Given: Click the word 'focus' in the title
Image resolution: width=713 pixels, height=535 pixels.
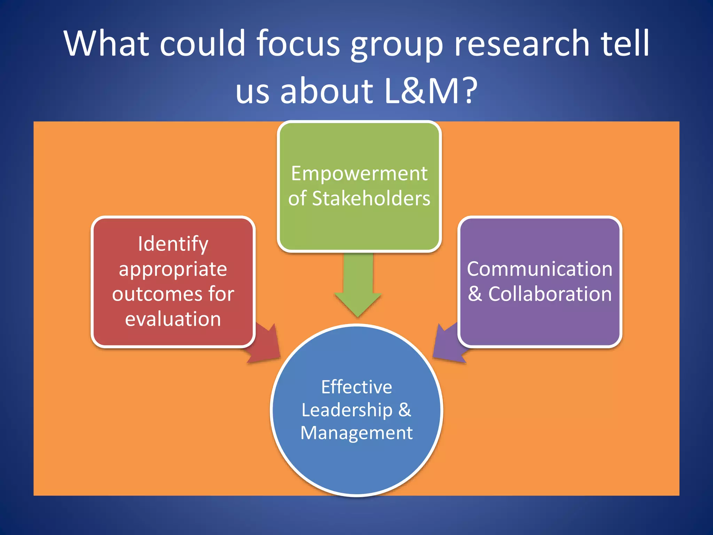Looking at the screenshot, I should click(x=298, y=43).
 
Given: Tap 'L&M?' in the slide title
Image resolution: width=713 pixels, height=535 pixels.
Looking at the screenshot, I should click(x=430, y=91).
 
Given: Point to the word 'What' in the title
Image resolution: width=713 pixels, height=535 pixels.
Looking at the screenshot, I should click(x=107, y=43).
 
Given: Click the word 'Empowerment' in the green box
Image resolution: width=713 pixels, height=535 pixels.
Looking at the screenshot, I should click(x=359, y=173).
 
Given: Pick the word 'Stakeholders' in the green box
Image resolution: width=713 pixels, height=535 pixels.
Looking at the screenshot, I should click(x=371, y=199).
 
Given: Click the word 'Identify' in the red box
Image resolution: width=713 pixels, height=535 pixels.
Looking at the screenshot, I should click(x=173, y=244).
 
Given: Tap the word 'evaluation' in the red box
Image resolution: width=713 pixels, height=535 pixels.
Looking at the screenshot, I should click(x=173, y=319).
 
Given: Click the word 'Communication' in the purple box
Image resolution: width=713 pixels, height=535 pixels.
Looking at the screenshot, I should click(x=540, y=269).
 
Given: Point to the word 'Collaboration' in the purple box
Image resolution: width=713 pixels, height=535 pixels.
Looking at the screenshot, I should click(x=550, y=294).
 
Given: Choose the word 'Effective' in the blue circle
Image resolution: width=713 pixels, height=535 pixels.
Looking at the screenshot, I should click(x=356, y=387).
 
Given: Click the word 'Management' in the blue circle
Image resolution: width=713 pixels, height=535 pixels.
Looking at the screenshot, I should click(x=356, y=433).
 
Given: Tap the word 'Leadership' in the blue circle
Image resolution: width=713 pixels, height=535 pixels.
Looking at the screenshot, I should click(x=347, y=410).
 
